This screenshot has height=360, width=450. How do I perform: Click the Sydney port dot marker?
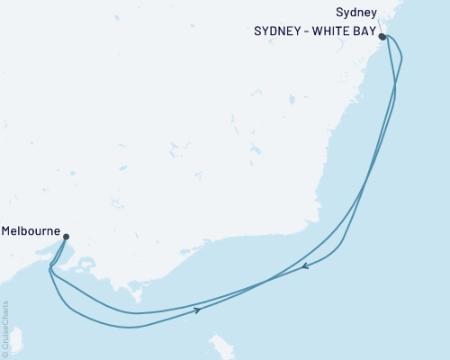click(x=382, y=37)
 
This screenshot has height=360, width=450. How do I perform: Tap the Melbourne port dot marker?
click(x=66, y=238)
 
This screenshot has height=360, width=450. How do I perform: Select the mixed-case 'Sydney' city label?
click(x=355, y=13)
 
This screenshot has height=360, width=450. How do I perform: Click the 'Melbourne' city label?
click(x=31, y=230)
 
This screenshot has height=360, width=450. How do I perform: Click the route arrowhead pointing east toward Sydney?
click(x=196, y=310)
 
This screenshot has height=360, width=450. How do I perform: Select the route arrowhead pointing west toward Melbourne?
click(x=306, y=265)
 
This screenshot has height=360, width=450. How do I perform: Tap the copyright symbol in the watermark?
click(x=6, y=354)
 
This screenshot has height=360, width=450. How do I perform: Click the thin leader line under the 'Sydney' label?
click(x=381, y=25)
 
